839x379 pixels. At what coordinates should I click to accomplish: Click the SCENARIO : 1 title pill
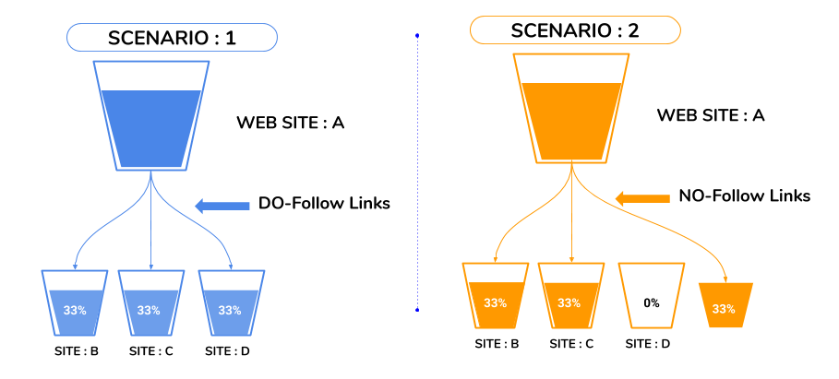click(172, 38)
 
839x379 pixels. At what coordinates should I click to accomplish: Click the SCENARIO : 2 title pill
click(575, 30)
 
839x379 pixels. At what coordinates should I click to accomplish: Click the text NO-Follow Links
click(744, 195)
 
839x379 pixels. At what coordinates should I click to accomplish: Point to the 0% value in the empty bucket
click(651, 302)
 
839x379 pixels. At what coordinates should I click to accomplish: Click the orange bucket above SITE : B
click(495, 297)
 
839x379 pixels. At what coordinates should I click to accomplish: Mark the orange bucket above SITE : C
click(570, 297)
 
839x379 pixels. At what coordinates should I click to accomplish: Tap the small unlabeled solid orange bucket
click(724, 305)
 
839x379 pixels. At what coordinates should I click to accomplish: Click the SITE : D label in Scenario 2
click(650, 344)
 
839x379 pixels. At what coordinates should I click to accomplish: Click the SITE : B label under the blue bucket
click(75, 350)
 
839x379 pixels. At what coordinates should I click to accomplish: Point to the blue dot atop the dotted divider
click(417, 36)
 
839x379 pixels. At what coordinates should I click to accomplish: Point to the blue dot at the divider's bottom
click(417, 309)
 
